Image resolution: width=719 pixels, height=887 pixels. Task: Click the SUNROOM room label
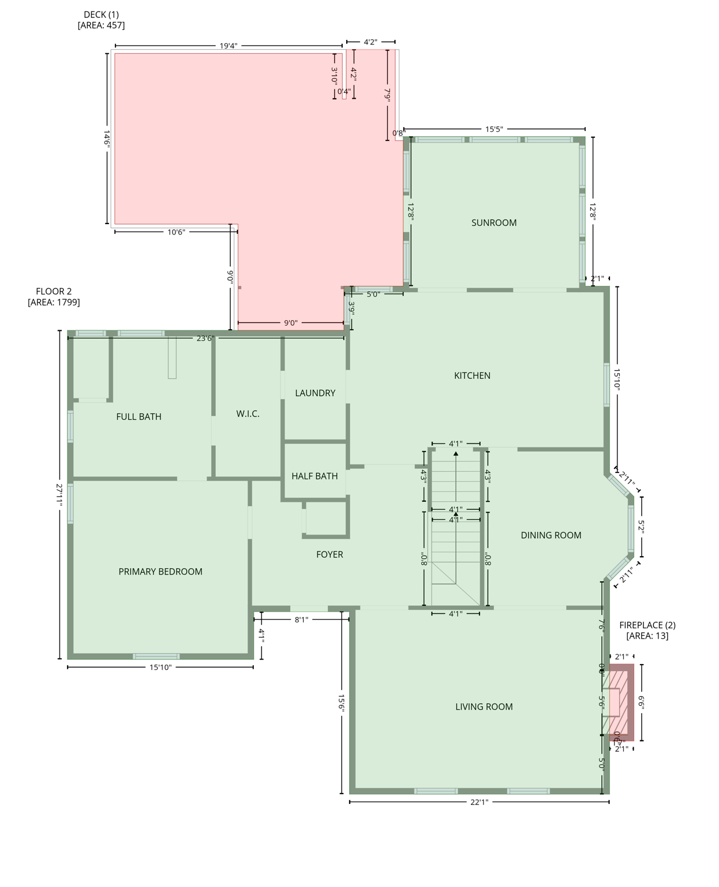[493, 223]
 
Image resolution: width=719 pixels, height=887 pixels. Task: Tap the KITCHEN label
[472, 376]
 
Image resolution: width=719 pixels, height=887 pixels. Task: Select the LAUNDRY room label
[315, 393]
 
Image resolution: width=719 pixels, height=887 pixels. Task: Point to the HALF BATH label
[314, 476]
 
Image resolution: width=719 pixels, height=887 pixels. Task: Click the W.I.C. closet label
[248, 414]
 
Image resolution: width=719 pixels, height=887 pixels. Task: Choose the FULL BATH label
[138, 417]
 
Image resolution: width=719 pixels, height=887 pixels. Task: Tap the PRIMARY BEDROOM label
[160, 572]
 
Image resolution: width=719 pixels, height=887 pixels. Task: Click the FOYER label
[329, 554]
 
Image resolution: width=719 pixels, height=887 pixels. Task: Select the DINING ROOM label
[551, 535]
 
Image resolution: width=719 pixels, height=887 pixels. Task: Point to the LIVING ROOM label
[484, 707]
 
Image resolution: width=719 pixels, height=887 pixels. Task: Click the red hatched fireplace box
[621, 702]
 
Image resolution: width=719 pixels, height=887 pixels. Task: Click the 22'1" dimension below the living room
[479, 802]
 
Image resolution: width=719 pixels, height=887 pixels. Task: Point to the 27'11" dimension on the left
[59, 495]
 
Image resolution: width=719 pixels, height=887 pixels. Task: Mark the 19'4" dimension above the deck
[228, 46]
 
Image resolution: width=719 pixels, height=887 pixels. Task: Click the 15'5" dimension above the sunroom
[494, 129]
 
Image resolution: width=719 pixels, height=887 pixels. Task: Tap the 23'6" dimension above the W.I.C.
[205, 338]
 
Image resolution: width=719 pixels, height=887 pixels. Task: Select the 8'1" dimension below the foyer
[301, 620]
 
